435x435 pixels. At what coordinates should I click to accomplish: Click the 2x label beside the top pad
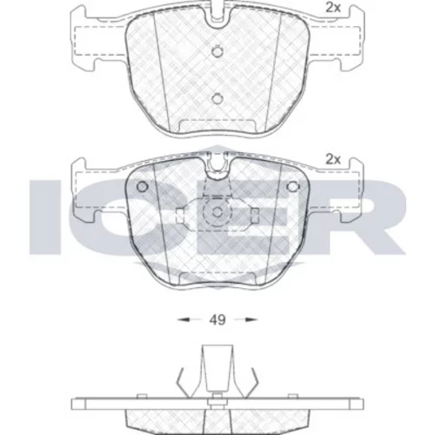pos(333,8)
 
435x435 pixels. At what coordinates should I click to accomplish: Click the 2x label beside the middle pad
pos(333,159)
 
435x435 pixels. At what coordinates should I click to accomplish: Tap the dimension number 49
pos(217,320)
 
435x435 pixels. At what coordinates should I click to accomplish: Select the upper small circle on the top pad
pos(217,51)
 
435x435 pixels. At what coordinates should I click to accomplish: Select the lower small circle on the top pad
pos(217,98)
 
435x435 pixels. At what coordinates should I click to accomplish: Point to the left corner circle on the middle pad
pos(142,186)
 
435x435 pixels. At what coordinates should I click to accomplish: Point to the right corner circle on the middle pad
pos(292,186)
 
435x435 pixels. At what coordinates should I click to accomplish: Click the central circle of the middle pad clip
pos(217,212)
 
